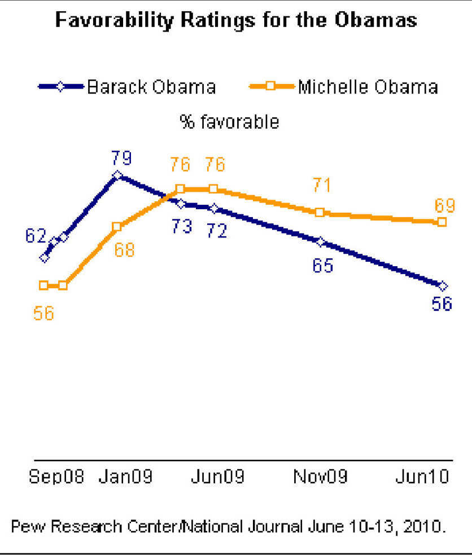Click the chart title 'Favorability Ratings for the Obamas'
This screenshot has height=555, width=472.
(236, 20)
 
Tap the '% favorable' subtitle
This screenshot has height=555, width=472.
(229, 121)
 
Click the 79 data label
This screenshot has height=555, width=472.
(121, 157)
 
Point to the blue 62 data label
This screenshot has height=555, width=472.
(35, 235)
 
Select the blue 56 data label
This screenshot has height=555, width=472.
(442, 303)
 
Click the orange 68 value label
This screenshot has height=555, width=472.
(124, 249)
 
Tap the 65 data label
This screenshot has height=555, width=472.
(324, 265)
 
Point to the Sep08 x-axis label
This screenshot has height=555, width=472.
(56, 477)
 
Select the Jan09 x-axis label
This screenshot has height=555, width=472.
(125, 477)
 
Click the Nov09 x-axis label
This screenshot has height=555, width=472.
(320, 477)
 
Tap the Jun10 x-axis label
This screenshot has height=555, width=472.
(421, 477)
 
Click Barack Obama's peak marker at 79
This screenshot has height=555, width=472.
(117, 175)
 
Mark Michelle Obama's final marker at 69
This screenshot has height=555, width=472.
(442, 222)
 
